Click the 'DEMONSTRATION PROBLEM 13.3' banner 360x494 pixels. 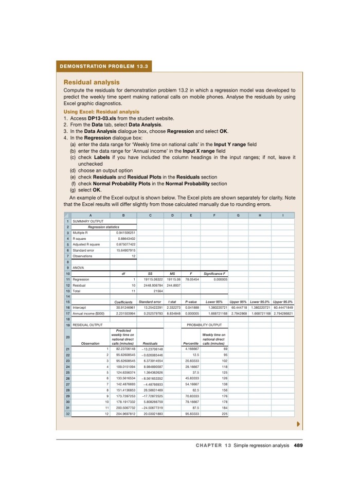104,66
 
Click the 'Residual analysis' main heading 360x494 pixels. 91,82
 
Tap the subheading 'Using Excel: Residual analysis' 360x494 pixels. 101,112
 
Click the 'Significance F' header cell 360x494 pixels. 215,273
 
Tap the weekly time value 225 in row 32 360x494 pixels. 225,413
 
